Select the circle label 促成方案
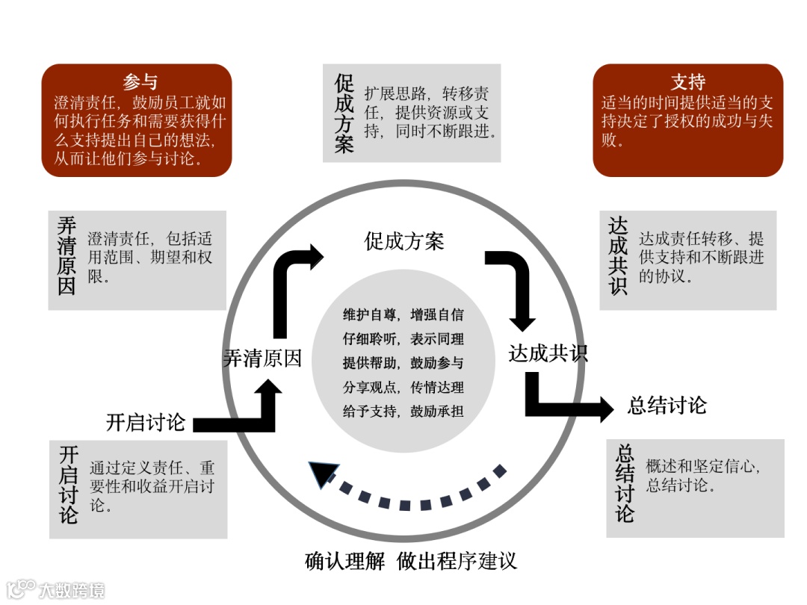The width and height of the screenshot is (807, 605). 404,241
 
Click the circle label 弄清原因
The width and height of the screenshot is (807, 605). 262,359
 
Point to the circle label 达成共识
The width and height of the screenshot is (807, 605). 548,353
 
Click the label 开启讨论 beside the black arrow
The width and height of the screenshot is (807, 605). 146,422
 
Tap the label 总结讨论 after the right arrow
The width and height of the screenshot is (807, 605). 667,406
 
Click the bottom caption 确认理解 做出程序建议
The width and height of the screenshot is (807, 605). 411,561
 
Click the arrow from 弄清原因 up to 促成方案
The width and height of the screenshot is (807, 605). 288,284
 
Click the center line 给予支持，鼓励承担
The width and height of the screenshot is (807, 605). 403,411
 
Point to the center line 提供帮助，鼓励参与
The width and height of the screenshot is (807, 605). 403,363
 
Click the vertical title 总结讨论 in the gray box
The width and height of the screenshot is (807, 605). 625,483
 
